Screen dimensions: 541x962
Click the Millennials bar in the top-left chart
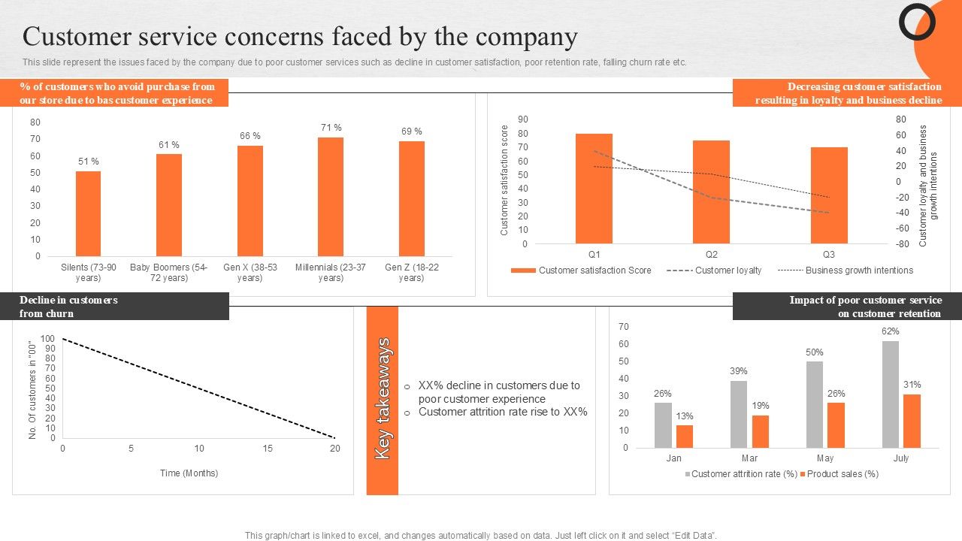(331, 197)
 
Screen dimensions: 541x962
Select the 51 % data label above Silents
(89, 162)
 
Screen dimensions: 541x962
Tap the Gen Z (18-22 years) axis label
(411, 272)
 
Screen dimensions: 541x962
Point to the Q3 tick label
(828, 254)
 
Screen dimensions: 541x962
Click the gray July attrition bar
(890, 394)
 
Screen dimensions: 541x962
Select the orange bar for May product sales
(836, 425)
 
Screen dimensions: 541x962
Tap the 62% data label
(891, 331)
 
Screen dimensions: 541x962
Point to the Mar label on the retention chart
(749, 458)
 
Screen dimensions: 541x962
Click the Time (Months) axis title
(189, 473)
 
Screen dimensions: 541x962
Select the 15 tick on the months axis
(268, 449)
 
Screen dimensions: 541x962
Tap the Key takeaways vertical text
(383, 399)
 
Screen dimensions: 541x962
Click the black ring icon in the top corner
(917, 23)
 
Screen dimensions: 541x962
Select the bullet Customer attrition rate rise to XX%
(503, 412)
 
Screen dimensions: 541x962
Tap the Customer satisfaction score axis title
(505, 180)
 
